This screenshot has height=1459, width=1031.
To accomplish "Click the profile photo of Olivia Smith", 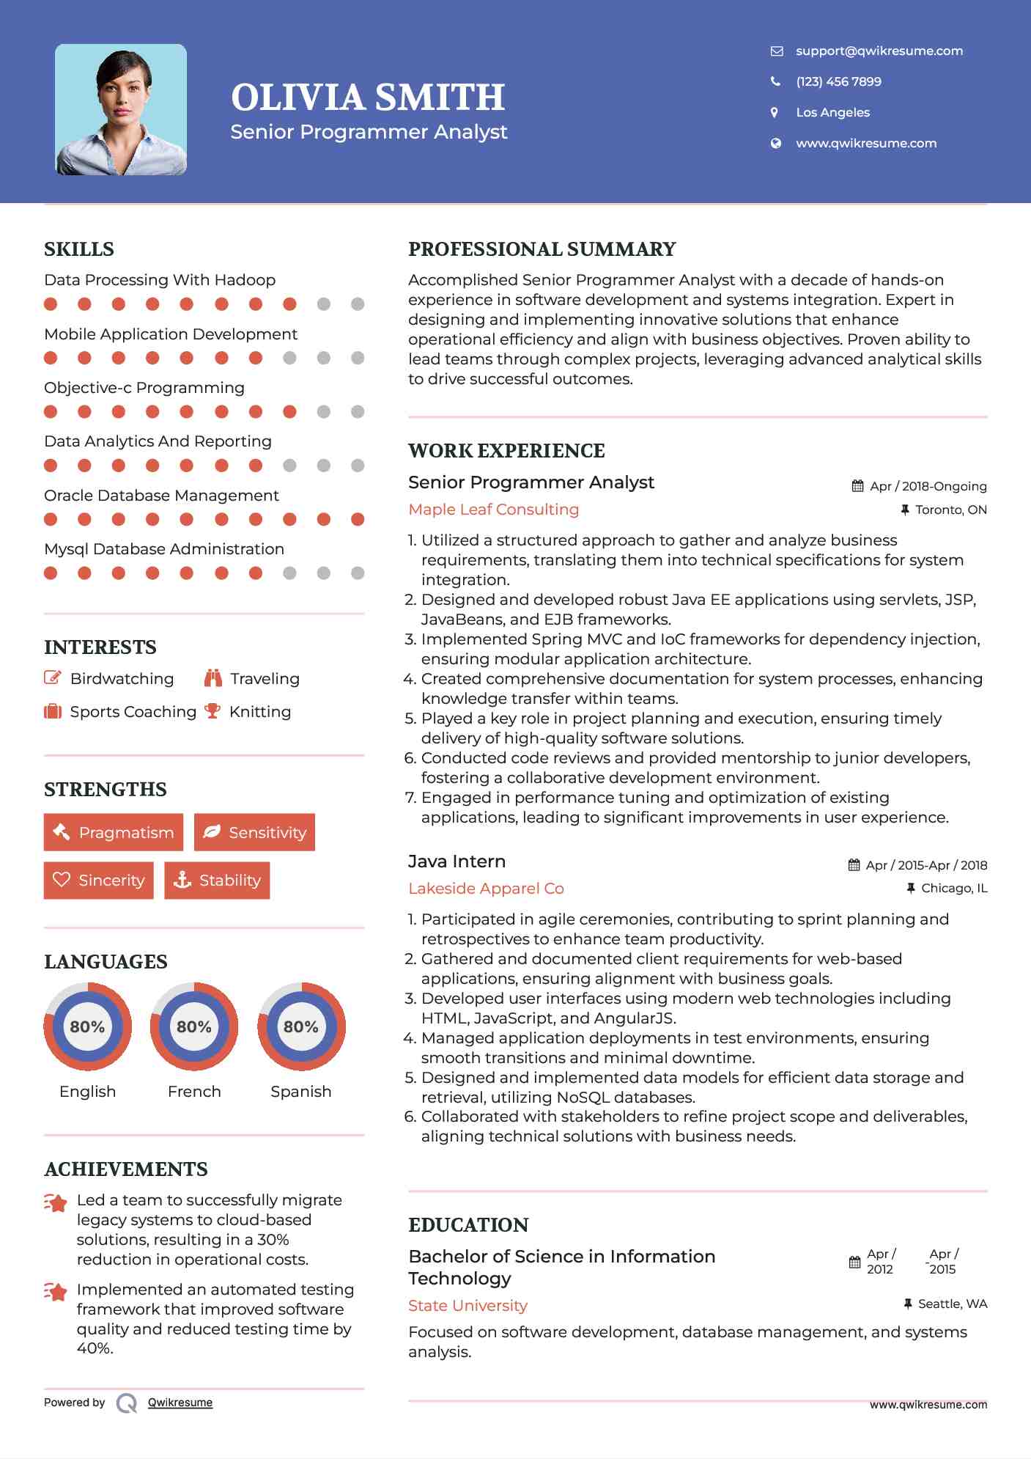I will tap(121, 110).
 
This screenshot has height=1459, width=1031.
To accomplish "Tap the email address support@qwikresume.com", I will tap(879, 51).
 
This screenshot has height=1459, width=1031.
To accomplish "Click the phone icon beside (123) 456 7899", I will tap(775, 81).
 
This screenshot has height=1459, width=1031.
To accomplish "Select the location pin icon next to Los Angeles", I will tap(775, 112).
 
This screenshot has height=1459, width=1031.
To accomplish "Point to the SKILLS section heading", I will tap(79, 249).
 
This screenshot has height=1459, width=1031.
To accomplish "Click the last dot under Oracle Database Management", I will tap(358, 519).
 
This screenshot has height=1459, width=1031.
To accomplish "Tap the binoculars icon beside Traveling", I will tap(213, 678).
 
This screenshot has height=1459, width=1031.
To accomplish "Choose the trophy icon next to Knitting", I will tap(213, 711).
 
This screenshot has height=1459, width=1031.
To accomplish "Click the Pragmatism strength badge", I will tap(114, 832).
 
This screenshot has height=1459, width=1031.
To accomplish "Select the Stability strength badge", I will tap(217, 880).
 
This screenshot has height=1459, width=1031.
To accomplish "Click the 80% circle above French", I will tap(194, 1026).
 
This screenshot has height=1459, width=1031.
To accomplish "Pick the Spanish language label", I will tap(300, 1091).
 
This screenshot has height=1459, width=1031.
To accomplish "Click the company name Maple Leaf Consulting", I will tap(493, 510).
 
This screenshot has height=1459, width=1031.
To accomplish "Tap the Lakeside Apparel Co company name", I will tap(486, 889).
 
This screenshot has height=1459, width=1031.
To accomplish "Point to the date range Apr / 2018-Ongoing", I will tap(928, 486).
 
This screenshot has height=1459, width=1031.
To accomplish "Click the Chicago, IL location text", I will tap(954, 888).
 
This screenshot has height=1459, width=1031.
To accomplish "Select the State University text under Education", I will tap(468, 1306).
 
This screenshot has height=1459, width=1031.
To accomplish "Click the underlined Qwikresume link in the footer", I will tap(180, 1403).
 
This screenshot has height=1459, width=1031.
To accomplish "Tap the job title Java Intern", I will tap(457, 861).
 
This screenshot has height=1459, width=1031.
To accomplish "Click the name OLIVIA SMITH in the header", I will tap(368, 98).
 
